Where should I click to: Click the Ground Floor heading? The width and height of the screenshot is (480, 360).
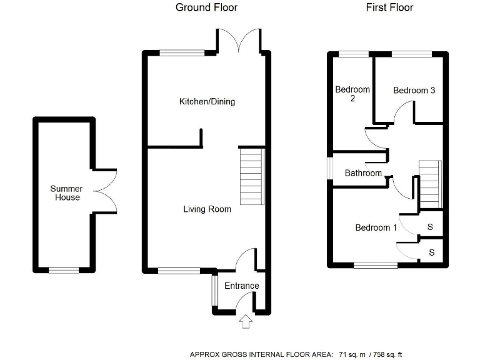point(206,7)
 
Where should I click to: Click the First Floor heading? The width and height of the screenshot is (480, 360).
point(389,7)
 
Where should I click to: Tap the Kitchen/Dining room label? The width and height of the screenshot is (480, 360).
point(207,101)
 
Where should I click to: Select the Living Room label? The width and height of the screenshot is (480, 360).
point(207,209)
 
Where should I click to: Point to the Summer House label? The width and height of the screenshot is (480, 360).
point(66,193)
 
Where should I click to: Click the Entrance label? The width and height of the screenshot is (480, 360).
point(242,286)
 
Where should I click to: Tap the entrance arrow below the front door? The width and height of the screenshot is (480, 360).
point(246,322)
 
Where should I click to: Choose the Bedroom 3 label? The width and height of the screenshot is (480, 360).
point(414,90)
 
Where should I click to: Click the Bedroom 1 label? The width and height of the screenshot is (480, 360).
point(376,227)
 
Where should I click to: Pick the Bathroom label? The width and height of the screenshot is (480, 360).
point(363,173)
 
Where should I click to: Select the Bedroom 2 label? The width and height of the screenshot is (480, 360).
point(352,94)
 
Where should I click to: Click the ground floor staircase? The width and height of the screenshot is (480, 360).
point(252,177)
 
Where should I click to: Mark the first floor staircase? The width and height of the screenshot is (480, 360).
point(431,184)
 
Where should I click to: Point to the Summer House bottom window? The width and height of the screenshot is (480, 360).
point(64,270)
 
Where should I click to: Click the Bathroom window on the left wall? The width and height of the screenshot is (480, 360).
point(330,167)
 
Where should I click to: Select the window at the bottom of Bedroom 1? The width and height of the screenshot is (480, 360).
point(376,265)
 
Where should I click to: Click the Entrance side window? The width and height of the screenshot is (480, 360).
point(214,291)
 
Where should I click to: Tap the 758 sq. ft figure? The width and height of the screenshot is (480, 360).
point(387,354)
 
